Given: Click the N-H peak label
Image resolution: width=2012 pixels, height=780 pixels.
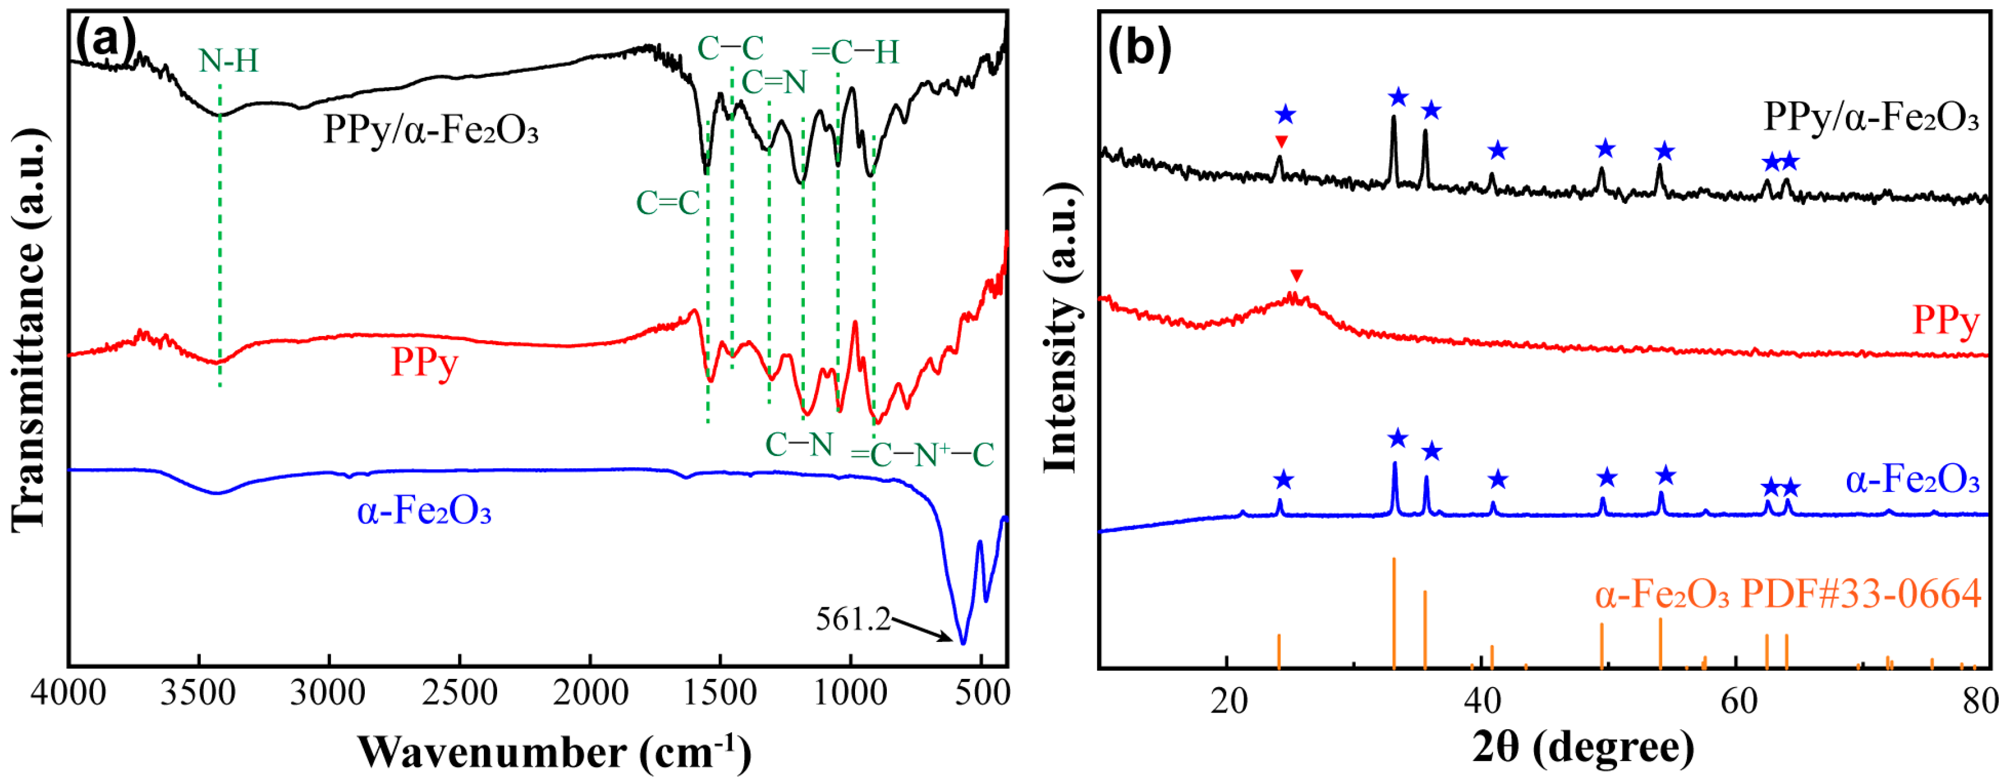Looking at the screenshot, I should click(227, 61).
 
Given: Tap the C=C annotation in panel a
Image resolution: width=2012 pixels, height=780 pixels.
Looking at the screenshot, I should click(668, 203).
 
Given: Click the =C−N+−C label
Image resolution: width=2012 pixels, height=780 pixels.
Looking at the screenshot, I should click(921, 455).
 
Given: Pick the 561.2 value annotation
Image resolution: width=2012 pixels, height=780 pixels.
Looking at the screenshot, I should click(853, 620).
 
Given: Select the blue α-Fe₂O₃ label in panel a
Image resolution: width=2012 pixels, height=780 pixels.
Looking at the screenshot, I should click(424, 512).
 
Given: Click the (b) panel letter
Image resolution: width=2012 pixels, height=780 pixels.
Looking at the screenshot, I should click(1140, 47).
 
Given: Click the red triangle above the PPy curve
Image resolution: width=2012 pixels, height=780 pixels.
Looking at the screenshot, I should click(1297, 275).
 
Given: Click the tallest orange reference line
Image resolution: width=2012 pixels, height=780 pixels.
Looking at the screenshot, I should click(1394, 613).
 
